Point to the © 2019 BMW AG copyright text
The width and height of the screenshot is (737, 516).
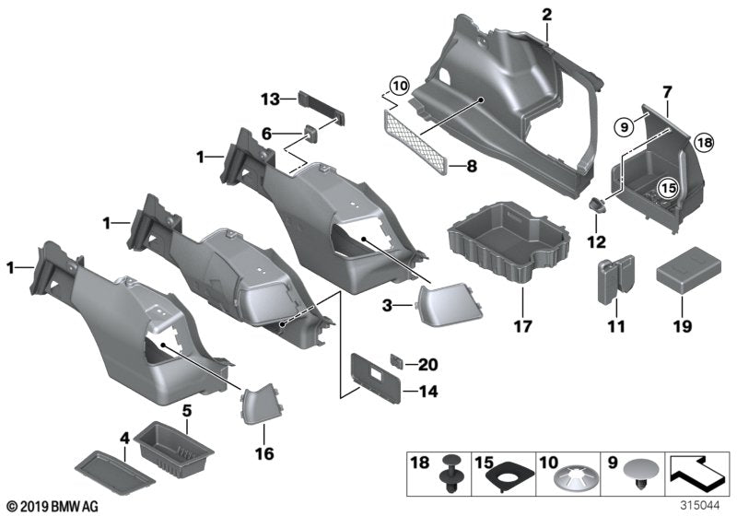pyautogui.click(x=52, y=507)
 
